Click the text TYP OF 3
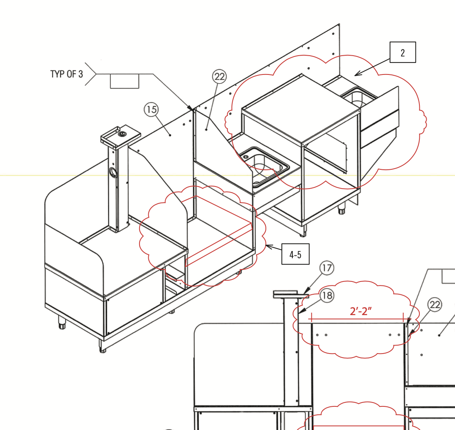point(67,74)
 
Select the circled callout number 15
point(151,110)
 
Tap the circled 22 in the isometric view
point(220,76)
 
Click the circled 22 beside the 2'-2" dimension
point(435,305)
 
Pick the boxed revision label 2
point(403,52)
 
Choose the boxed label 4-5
point(295,254)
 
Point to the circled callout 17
point(327,268)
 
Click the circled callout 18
point(327,295)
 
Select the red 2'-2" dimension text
point(361,311)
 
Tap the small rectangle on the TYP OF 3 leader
point(124,81)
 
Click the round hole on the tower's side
point(113,173)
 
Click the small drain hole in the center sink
point(246,157)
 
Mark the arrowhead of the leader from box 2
point(357,74)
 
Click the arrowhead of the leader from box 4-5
point(268,247)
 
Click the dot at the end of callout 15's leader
point(170,135)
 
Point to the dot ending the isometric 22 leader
point(206,130)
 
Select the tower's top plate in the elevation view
point(291,295)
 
